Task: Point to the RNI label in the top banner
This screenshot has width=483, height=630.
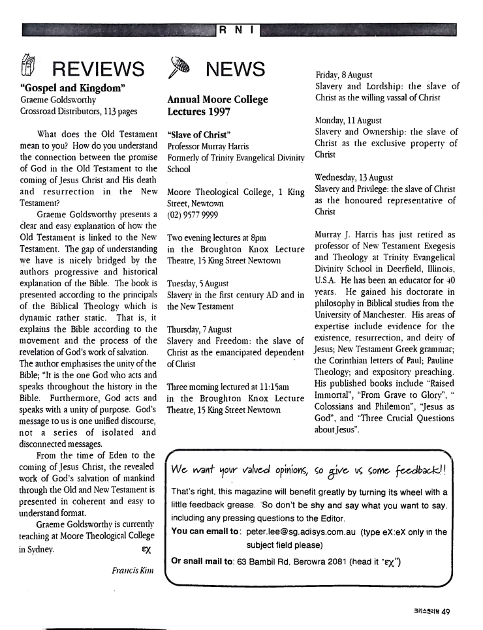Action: point(241,29)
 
